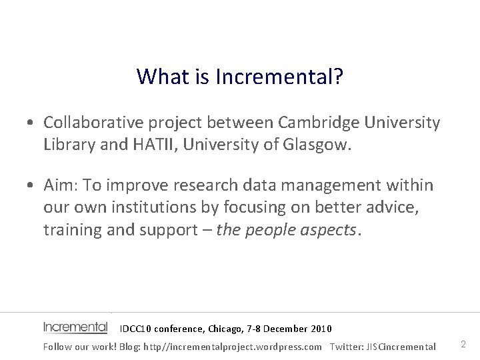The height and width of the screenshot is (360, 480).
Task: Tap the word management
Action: pyautogui.click(x=339, y=185)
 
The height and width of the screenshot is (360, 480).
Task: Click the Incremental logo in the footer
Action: pyautogui.click(x=75, y=327)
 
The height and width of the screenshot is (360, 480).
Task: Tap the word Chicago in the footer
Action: pyautogui.click(x=226, y=329)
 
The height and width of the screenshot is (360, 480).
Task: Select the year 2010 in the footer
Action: pyautogui.click(x=320, y=329)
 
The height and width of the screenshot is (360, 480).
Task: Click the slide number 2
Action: pyautogui.click(x=463, y=345)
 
